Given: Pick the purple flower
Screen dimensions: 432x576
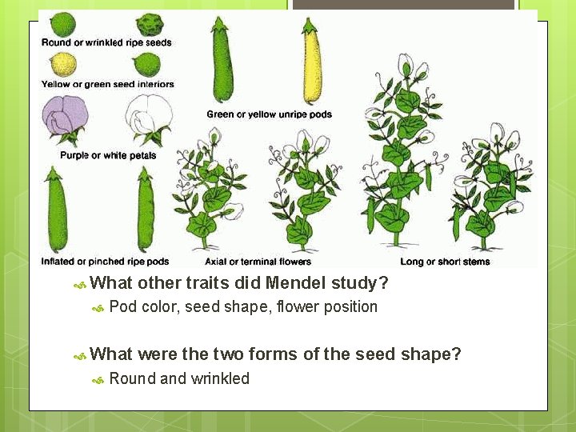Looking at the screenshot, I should point(65,118).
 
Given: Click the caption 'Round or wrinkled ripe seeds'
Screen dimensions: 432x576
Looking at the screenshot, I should point(106,42).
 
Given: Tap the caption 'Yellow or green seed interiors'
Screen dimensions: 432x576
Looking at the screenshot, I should point(108,84).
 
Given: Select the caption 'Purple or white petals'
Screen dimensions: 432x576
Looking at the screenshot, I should point(108,155).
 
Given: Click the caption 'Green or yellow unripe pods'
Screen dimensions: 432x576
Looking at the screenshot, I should point(269,114).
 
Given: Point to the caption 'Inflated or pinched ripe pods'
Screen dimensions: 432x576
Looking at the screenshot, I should point(105,262).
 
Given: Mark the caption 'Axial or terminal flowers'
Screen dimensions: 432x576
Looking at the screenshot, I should point(258,262).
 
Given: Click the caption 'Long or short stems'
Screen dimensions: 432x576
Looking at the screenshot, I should point(445,262).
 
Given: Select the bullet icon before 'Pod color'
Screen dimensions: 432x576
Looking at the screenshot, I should point(98,308).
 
